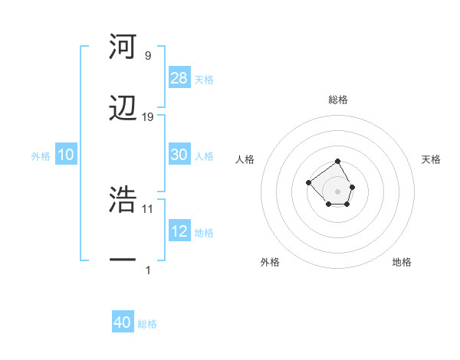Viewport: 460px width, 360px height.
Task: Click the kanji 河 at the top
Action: pyautogui.click(x=123, y=47)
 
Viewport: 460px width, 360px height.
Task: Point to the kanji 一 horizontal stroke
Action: pyautogui.click(x=123, y=261)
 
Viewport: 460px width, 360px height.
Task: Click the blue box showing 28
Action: pyautogui.click(x=179, y=78)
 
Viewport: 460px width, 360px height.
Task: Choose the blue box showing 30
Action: pyautogui.click(x=179, y=155)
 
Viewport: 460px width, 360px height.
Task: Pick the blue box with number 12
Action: pyautogui.click(x=179, y=231)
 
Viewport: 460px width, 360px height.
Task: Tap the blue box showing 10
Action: pyautogui.click(x=66, y=155)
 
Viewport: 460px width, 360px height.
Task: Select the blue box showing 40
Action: pyautogui.click(x=123, y=323)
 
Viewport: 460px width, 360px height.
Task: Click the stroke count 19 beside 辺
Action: pyautogui.click(x=148, y=117)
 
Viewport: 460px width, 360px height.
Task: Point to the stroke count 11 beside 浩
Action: pyautogui.click(x=148, y=208)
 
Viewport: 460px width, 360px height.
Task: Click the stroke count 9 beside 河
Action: pyautogui.click(x=147, y=56)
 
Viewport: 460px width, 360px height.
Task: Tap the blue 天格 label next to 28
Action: pyautogui.click(x=204, y=79)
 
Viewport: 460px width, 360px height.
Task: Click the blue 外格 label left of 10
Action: pyautogui.click(x=41, y=156)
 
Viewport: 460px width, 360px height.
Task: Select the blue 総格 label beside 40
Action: pyautogui.click(x=147, y=324)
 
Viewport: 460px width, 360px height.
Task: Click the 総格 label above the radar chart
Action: pyautogui.click(x=338, y=100)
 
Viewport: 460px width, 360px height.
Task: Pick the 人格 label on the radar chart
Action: pyautogui.click(x=245, y=159)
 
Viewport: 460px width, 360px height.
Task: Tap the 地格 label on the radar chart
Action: pyautogui.click(x=402, y=262)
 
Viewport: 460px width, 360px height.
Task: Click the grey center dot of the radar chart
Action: pyautogui.click(x=338, y=191)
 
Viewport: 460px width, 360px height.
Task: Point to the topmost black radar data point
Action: pyautogui.click(x=338, y=162)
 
